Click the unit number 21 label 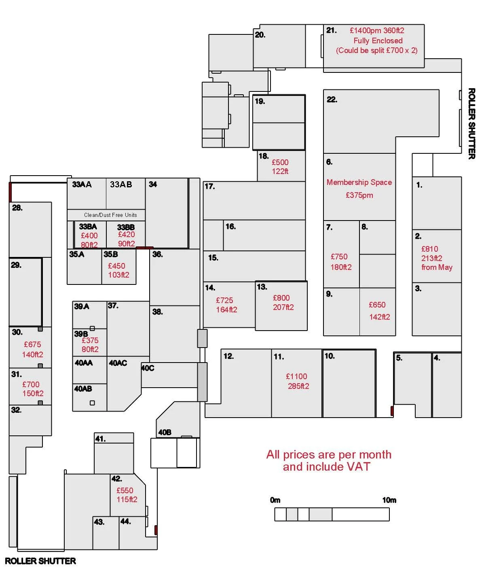pyautogui.click(x=331, y=30)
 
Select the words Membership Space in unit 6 pyautogui.click(x=359, y=182)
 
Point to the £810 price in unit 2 pyautogui.click(x=429, y=249)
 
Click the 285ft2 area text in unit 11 pyautogui.click(x=298, y=386)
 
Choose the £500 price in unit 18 pyautogui.click(x=280, y=162)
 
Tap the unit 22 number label pyautogui.click(x=332, y=100)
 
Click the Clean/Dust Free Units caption pyautogui.click(x=110, y=215)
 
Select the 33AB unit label pyautogui.click(x=121, y=185)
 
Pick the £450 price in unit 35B pyautogui.click(x=116, y=266)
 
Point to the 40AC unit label pyautogui.click(x=118, y=363)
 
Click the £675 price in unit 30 pyautogui.click(x=32, y=344)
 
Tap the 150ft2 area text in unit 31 pyautogui.click(x=33, y=394)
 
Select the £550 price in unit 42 pyautogui.click(x=125, y=490)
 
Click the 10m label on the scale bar pyautogui.click(x=389, y=500)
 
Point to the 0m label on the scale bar pyautogui.click(x=275, y=500)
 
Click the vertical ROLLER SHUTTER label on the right pyautogui.click(x=471, y=123)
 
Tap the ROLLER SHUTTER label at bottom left pyautogui.click(x=40, y=561)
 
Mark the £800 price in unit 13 pyautogui.click(x=281, y=298)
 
